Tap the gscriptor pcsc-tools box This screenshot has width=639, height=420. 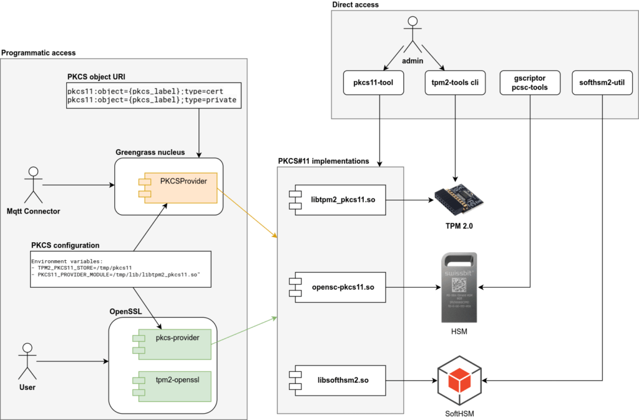click(x=530, y=83)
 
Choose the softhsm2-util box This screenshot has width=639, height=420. click(x=602, y=83)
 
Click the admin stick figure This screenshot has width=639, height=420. click(x=412, y=36)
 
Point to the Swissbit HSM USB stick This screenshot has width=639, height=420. click(x=459, y=287)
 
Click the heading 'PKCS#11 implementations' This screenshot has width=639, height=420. click(x=323, y=161)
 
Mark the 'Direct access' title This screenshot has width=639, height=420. click(x=356, y=5)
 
